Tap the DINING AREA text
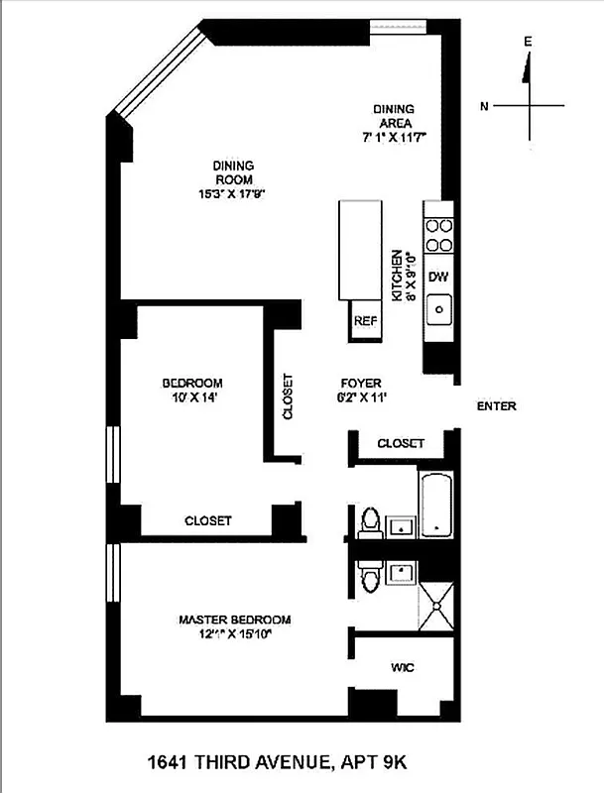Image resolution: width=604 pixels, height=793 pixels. click(393, 115)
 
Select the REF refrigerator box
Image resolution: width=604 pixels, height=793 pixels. click(365, 321)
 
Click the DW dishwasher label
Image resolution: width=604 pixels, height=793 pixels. click(438, 277)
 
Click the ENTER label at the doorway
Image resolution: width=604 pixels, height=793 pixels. click(496, 406)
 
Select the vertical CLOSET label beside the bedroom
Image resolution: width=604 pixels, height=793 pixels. click(288, 396)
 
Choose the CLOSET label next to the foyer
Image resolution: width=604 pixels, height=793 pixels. click(401, 444)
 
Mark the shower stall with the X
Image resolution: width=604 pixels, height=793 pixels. click(435, 605)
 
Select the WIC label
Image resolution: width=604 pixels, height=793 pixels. click(403, 668)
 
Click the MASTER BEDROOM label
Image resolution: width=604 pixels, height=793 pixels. click(235, 621)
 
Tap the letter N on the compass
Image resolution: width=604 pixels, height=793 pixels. click(484, 105)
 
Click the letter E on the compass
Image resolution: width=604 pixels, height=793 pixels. click(528, 42)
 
